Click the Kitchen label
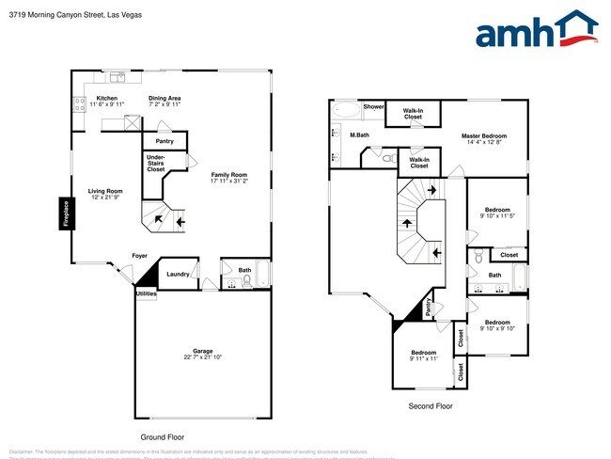click(x=105, y=98)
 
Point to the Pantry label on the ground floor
click(x=164, y=141)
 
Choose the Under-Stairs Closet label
click(x=156, y=164)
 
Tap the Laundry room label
click(x=178, y=275)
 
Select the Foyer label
click(x=138, y=256)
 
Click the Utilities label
click(x=146, y=294)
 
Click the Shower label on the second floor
click(x=374, y=107)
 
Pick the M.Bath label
click(x=358, y=135)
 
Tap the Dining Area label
click(x=164, y=98)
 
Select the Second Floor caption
click(x=431, y=406)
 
